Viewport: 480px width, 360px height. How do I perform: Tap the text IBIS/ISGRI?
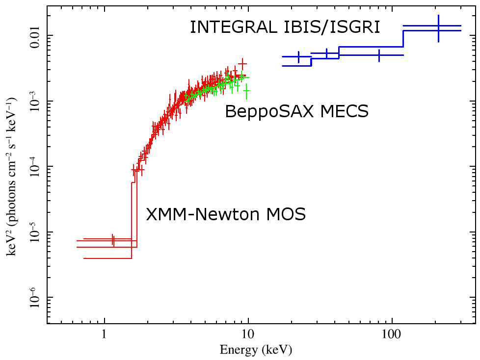(x=331, y=27)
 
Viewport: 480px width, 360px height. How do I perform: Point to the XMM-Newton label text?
(x=196, y=214)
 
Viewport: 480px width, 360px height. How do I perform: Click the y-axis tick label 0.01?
(x=35, y=36)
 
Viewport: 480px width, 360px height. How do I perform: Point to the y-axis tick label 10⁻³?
(x=35, y=101)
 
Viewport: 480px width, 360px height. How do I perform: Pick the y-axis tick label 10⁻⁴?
(x=35, y=167)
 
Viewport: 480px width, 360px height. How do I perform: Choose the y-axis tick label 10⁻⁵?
(x=35, y=232)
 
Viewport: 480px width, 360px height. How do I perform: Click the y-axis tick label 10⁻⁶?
(x=35, y=298)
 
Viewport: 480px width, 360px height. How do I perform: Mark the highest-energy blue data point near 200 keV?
(x=438, y=28)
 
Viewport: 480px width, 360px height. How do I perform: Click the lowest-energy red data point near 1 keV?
(x=113, y=240)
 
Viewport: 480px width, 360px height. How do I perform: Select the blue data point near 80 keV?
(x=379, y=55)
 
